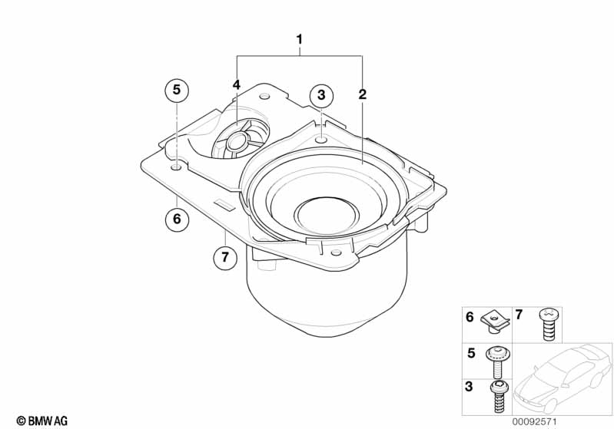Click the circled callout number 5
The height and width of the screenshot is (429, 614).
176,91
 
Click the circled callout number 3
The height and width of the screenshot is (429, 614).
321,96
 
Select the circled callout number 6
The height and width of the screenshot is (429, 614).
176,219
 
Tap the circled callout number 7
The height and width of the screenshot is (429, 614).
224,257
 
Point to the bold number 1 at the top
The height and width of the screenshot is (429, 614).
300,38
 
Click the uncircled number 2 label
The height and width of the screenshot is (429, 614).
363,95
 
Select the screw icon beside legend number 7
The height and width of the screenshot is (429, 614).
548,324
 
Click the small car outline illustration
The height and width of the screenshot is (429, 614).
562,375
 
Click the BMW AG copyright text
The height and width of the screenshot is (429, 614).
41,421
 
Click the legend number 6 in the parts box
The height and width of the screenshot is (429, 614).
470,316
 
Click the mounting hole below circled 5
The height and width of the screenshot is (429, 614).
177,166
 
